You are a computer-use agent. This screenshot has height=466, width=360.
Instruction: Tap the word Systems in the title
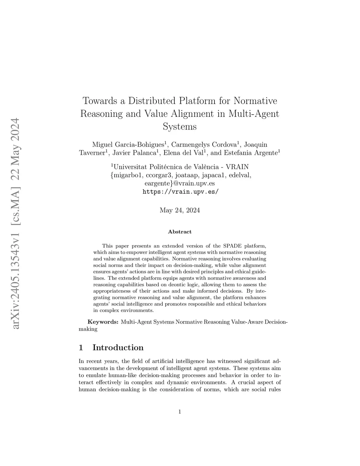click(180, 126)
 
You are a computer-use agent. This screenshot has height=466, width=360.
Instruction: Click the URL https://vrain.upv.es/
click(180, 192)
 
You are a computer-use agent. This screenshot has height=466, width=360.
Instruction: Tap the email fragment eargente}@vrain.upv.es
click(180, 183)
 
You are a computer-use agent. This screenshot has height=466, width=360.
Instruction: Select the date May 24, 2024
click(180, 210)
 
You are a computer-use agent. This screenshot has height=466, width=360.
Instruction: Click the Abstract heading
click(180, 232)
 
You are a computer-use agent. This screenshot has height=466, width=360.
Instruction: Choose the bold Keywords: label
click(103, 322)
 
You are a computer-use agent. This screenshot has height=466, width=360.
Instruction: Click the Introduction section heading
click(118, 348)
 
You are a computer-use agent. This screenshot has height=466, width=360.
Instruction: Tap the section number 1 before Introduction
click(81, 348)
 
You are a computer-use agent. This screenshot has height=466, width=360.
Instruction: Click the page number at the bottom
click(180, 412)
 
